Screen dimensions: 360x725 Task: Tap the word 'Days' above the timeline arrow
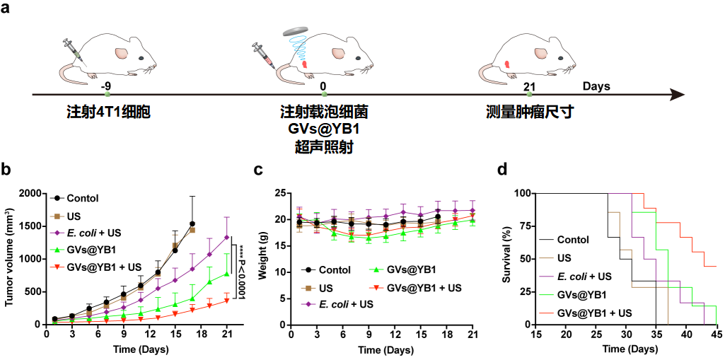[x=596, y=86]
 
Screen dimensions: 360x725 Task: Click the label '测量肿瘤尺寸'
[x=529, y=112]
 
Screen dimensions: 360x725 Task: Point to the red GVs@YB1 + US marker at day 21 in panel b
[x=227, y=300]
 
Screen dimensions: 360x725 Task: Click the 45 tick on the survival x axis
[x=717, y=332]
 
